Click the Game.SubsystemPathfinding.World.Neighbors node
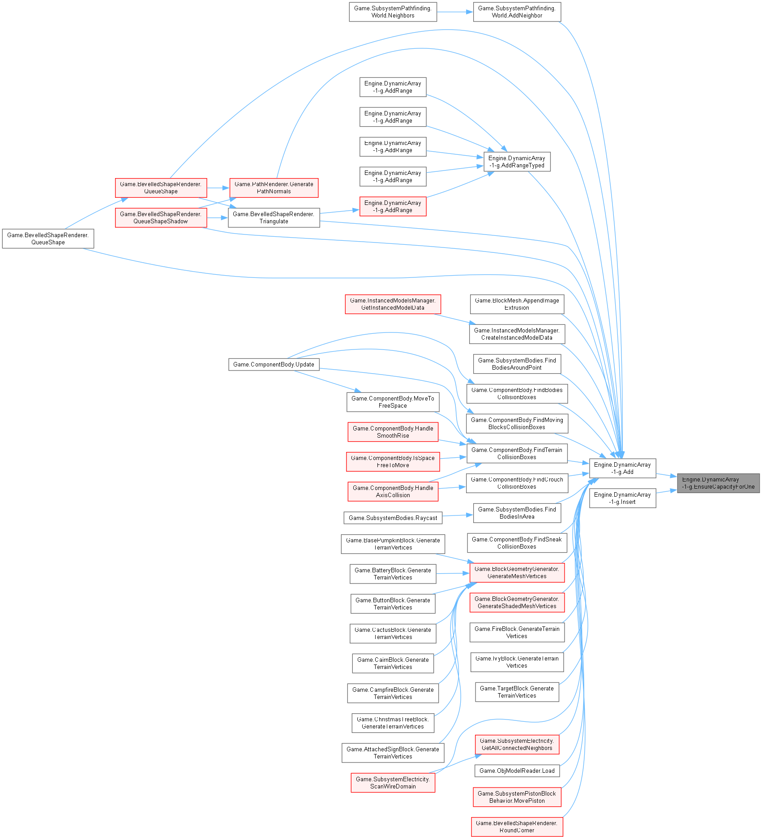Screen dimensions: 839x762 click(393, 12)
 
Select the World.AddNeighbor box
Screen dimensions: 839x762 click(517, 12)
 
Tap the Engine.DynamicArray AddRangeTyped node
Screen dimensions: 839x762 click(517, 162)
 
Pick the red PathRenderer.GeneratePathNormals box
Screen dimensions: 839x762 click(274, 188)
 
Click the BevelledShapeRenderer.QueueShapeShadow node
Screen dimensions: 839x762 click(161, 218)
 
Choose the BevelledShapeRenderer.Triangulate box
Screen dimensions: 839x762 click(274, 218)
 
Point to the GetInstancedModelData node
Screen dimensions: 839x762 click(393, 304)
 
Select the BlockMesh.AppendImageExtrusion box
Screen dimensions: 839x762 click(517, 304)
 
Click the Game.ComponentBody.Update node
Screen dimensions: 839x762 click(274, 365)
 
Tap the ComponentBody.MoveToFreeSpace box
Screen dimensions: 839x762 click(393, 402)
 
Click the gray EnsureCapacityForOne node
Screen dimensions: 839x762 click(718, 483)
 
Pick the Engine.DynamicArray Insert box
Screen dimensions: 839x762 click(622, 498)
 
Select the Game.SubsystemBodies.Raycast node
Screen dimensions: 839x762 click(393, 518)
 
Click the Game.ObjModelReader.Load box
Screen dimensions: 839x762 click(517, 771)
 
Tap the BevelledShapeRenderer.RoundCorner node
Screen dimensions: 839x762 click(517, 827)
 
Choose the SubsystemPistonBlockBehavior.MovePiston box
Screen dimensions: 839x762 click(517, 797)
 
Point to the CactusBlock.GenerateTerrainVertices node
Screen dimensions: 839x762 click(393, 634)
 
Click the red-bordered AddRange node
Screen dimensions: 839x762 click(393, 207)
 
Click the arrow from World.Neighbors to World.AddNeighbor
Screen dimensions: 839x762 click(455, 12)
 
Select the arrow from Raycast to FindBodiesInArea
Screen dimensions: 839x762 click(458, 515)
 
